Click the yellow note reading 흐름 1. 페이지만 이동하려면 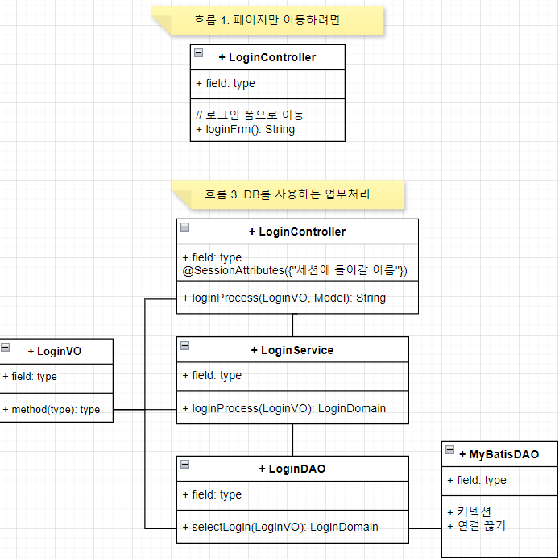[267, 20]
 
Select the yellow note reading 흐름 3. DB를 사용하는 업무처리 [288, 194]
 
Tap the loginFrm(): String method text [246, 129]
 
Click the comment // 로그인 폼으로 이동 [250, 115]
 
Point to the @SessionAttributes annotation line [295, 270]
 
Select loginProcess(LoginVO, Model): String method [288, 298]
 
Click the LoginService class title [296, 350]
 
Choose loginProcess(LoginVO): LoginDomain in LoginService [288, 408]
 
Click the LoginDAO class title [296, 469]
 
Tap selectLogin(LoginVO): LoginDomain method [284, 528]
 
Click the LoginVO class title [59, 351]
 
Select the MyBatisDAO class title [503, 454]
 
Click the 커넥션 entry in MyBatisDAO [470, 511]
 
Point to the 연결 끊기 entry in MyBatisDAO [477, 526]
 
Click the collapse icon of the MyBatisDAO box [449, 451]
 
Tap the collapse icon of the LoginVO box [6, 348]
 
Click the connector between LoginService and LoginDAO [292, 440]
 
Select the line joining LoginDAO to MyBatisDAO [425, 528]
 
